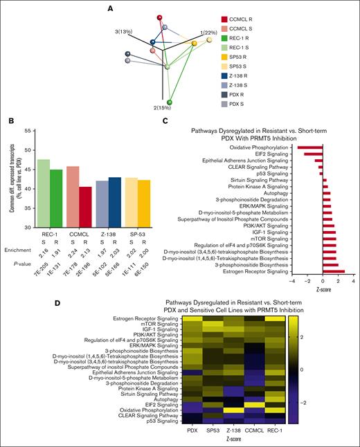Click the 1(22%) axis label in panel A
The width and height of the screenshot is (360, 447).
[x=208, y=33]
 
